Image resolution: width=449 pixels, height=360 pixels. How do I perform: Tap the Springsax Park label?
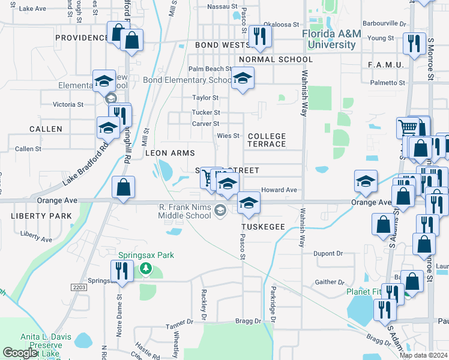[x=146, y=255]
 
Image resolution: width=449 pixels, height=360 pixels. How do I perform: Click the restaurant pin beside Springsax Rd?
[x=119, y=271]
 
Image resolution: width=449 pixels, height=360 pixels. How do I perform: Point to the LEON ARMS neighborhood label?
[x=170, y=154]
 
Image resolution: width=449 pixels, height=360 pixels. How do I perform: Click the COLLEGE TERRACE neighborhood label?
[x=267, y=140]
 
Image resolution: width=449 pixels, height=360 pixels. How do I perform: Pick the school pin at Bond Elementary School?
[x=243, y=79]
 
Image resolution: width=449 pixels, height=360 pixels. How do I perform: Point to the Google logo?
[x=20, y=353]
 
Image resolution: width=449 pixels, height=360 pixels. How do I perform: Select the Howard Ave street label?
[x=279, y=190]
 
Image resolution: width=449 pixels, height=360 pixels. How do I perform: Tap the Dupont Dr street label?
[x=328, y=253]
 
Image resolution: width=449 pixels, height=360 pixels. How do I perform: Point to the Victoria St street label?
[x=68, y=104]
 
